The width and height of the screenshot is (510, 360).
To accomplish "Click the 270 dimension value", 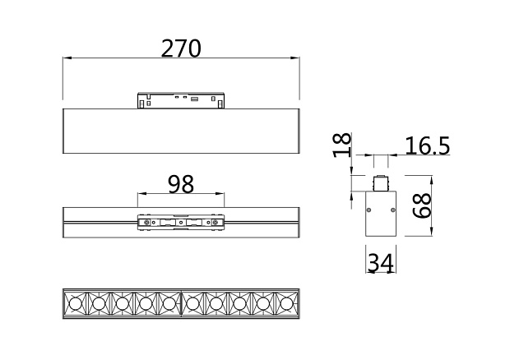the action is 181,48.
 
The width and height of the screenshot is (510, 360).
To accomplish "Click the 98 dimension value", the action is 181,184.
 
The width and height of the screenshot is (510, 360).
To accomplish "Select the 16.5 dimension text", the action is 428,145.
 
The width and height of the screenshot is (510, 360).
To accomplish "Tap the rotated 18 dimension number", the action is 343,145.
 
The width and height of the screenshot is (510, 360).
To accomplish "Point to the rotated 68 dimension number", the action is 422,205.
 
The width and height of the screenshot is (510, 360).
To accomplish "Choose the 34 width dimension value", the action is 381,262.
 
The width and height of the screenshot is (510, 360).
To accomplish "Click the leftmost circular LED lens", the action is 75,304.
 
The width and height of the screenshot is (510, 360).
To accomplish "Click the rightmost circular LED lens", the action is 286,304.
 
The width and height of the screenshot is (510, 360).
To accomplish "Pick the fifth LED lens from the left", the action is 169,304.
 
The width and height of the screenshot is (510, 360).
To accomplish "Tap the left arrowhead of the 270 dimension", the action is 67,58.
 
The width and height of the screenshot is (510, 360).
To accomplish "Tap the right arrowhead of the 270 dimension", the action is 295,58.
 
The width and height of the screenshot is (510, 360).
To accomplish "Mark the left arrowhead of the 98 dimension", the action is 141,194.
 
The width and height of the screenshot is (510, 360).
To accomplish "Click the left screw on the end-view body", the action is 369,210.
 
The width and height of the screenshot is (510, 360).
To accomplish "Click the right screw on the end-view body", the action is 392,210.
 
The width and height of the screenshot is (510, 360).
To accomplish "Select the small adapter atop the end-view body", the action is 381,183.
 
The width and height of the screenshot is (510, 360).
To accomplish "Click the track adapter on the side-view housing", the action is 181,100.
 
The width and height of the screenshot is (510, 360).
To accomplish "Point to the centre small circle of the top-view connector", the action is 181,222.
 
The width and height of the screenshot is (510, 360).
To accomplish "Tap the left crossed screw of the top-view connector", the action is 146,222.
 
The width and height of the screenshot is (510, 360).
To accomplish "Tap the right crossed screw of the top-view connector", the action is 215,222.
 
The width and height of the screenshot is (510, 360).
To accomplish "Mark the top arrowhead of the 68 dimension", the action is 431,180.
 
